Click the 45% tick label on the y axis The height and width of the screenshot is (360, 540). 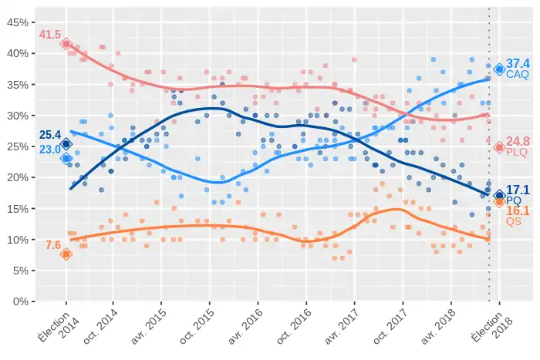point(17,22)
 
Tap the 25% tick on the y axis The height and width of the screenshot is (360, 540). point(17,146)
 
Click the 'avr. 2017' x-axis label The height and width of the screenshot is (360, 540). point(341,328)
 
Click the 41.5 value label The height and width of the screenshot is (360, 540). point(49,35)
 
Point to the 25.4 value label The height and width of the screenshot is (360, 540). point(49,136)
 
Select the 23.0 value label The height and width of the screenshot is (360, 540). point(49,150)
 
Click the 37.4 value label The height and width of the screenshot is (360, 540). point(518,63)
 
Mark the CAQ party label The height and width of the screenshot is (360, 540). point(518,75)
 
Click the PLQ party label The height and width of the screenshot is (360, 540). point(517,153)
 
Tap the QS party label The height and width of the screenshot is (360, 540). point(514,221)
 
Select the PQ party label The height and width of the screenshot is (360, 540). point(514,200)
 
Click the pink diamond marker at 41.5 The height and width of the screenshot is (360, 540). point(66,44)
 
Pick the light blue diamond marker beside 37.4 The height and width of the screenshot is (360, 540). point(499,69)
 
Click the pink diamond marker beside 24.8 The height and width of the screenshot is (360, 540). point(499,147)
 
